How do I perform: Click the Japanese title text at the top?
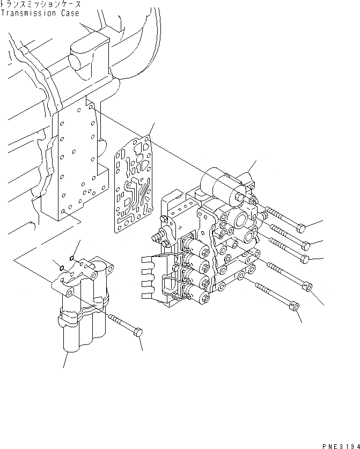pos(41,4)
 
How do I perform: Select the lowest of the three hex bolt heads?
pos(305,259)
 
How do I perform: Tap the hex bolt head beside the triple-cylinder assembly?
pos(137,333)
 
